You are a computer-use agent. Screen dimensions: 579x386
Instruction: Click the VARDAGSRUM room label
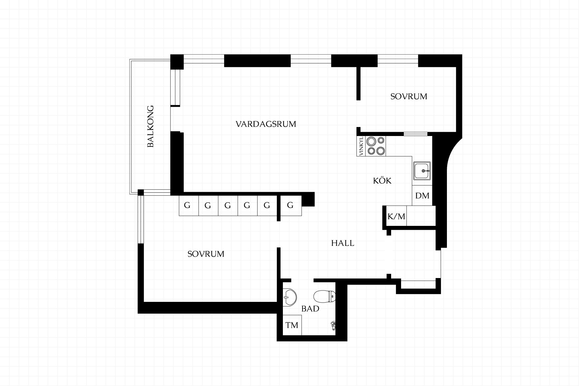click(266, 124)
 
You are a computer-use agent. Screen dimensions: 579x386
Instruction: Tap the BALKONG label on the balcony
click(150, 126)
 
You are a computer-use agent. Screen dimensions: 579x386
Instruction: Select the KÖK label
click(382, 180)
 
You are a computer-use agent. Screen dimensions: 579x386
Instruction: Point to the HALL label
click(343, 243)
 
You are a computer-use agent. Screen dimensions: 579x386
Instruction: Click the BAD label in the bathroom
click(310, 308)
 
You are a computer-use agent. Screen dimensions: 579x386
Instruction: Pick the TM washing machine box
click(292, 325)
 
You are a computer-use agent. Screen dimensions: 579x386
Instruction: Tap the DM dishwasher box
click(422, 196)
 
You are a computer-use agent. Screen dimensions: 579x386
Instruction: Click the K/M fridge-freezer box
click(396, 216)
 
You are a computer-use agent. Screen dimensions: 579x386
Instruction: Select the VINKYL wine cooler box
click(361, 146)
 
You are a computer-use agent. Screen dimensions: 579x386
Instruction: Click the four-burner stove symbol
click(376, 146)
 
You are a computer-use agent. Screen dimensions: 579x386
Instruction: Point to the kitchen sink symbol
click(422, 171)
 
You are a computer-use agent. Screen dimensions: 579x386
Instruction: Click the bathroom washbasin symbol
click(290, 297)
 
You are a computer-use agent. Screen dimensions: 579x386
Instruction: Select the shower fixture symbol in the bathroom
click(333, 326)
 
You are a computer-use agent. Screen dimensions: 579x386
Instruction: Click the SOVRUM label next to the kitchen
click(409, 96)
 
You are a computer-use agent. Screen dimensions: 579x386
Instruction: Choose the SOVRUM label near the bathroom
click(206, 254)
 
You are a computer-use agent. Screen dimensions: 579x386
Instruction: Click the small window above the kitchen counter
click(416, 134)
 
